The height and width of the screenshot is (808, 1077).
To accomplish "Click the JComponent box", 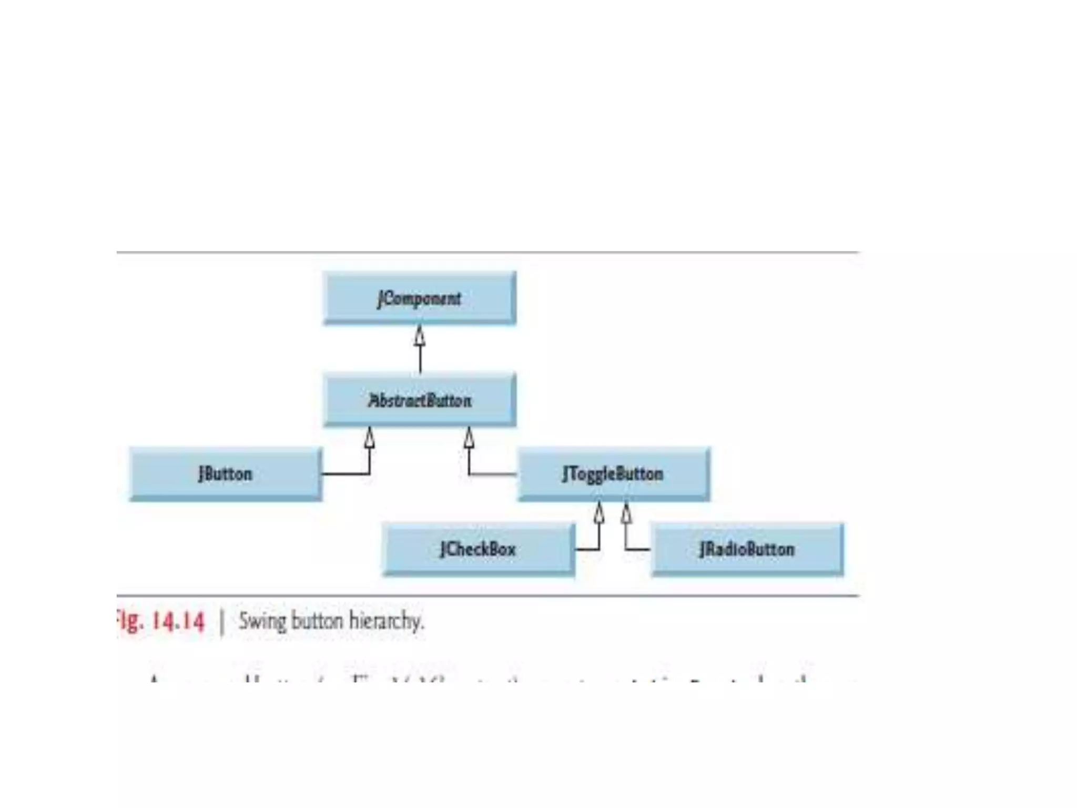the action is point(419,298).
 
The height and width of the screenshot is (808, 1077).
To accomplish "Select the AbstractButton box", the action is point(419,400).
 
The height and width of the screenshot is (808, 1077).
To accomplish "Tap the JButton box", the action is point(225,473).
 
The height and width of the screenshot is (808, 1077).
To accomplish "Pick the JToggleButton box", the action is point(613,473).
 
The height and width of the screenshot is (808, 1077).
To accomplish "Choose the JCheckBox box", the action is point(478,549).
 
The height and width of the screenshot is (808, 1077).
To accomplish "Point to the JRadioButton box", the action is point(747,549).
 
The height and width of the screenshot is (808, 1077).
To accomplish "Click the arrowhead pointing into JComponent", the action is point(420,335).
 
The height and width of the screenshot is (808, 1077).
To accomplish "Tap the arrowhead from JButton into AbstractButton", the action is point(370,437).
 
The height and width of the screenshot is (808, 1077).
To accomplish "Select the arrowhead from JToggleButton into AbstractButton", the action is point(469,437).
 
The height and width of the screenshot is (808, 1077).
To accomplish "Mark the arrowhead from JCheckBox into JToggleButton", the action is point(598,512).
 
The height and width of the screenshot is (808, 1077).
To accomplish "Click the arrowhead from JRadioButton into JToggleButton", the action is point(626,512).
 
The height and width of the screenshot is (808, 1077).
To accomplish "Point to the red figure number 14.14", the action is point(177,621).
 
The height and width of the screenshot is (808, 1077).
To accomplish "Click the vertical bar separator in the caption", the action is point(222,622).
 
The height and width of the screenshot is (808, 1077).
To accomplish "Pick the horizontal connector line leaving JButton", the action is point(345,474).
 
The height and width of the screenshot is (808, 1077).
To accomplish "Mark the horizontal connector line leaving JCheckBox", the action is point(587,550).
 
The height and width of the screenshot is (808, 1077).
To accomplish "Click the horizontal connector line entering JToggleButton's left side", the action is point(493,474).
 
